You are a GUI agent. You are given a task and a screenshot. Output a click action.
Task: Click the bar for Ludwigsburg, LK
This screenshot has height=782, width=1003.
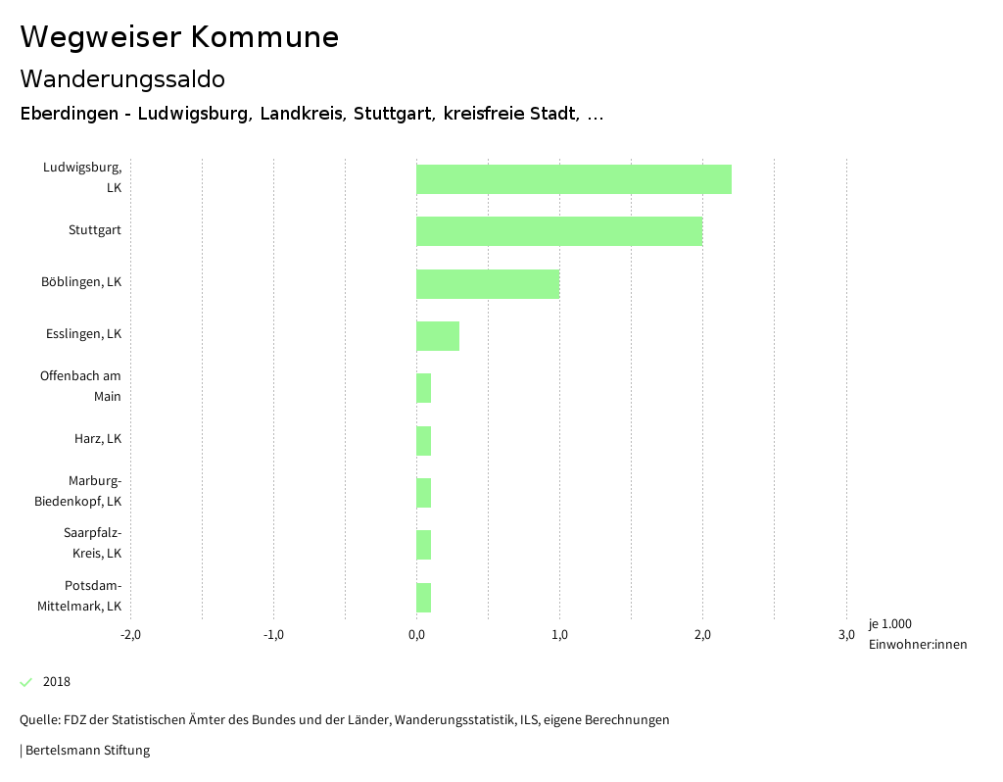click(574, 179)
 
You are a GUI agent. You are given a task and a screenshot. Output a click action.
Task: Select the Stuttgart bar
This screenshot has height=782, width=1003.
click(559, 231)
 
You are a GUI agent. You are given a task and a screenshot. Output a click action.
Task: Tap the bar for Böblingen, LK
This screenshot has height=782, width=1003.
click(488, 284)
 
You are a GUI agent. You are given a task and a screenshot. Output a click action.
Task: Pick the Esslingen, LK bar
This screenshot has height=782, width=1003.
click(438, 336)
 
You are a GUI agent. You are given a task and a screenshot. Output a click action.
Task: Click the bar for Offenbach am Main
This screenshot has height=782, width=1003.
click(424, 388)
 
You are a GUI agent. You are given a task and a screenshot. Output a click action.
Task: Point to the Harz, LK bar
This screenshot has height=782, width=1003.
click(424, 441)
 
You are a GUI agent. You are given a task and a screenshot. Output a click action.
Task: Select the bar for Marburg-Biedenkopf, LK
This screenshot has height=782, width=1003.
click(424, 493)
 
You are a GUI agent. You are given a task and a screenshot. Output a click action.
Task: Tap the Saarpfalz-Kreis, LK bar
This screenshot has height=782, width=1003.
click(424, 545)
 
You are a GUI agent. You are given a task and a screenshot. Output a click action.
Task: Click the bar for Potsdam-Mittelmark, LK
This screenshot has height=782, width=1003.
click(424, 598)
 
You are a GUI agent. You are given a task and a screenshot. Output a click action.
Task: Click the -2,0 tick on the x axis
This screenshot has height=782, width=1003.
click(130, 635)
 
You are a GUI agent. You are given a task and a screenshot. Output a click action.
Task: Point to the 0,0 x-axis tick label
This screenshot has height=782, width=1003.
click(416, 635)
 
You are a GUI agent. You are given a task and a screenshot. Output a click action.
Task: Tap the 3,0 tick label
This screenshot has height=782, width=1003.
click(846, 635)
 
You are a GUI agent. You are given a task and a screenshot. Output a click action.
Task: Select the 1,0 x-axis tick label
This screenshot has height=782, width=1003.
click(559, 635)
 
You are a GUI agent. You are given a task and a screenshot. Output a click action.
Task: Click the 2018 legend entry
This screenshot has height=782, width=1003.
click(56, 682)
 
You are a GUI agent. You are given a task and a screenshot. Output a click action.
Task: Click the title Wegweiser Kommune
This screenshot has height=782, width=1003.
click(179, 37)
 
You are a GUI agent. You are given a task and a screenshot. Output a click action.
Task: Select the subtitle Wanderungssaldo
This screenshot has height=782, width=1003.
click(122, 78)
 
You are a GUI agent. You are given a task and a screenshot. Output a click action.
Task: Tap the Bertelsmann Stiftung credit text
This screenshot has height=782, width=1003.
click(86, 751)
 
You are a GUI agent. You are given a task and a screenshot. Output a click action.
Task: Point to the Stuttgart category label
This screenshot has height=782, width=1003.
click(95, 230)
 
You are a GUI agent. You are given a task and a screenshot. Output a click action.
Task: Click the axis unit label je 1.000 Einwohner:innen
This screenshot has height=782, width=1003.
click(917, 634)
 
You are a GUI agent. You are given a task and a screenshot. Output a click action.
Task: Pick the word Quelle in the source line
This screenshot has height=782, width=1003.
click(38, 720)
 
